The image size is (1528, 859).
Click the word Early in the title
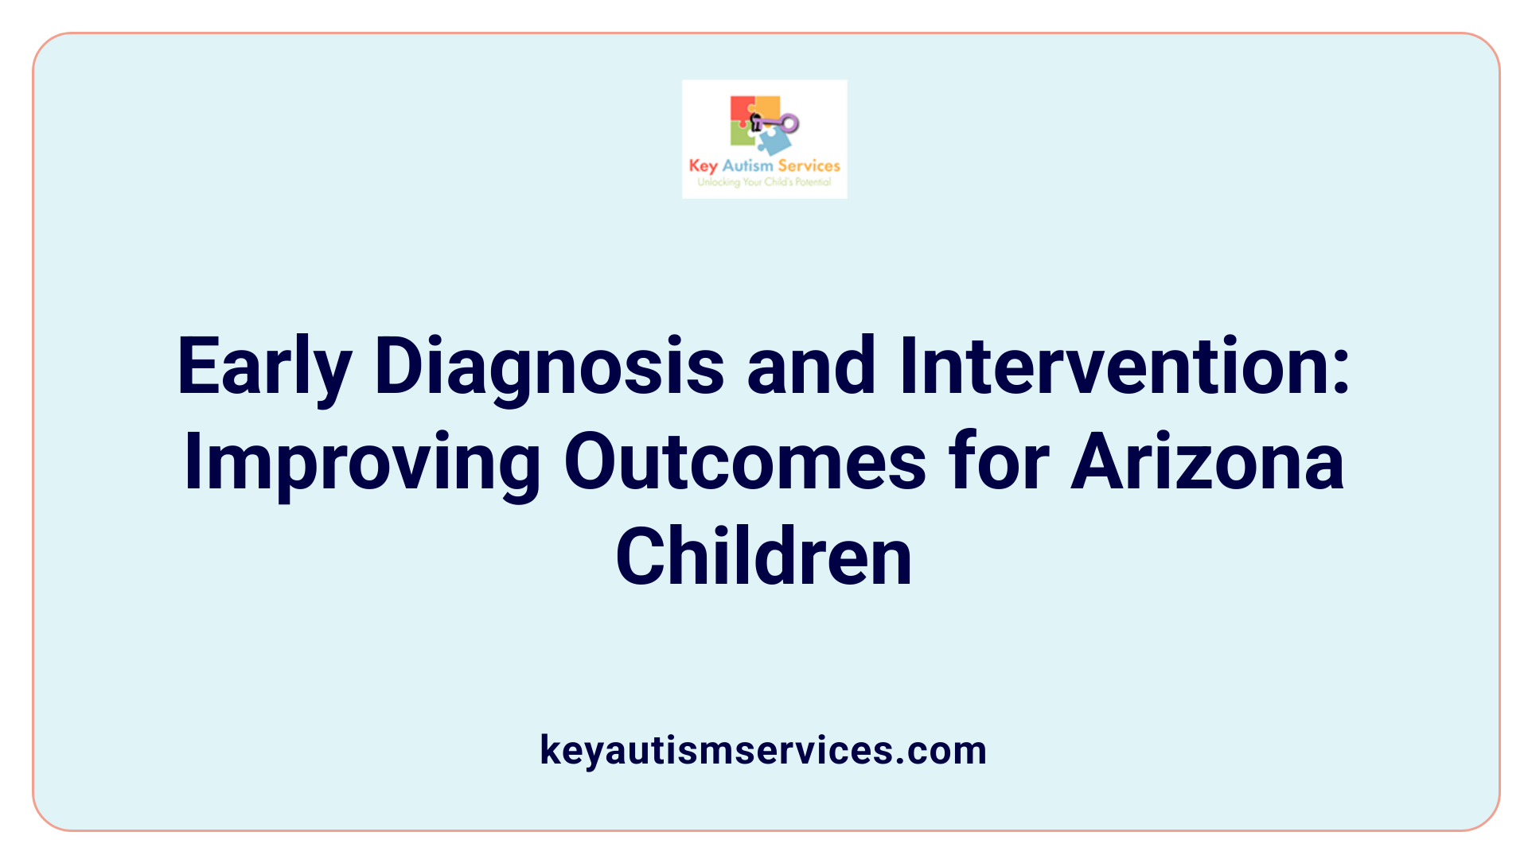263,367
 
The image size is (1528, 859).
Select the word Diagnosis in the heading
549,367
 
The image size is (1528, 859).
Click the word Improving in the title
362,463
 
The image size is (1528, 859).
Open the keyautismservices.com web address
763,750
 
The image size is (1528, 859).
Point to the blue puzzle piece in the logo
773,142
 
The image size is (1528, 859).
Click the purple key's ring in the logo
789,122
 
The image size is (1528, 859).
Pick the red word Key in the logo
703,165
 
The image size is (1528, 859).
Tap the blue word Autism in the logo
747,165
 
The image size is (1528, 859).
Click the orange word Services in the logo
809,165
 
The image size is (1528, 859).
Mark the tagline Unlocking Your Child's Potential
764,182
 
